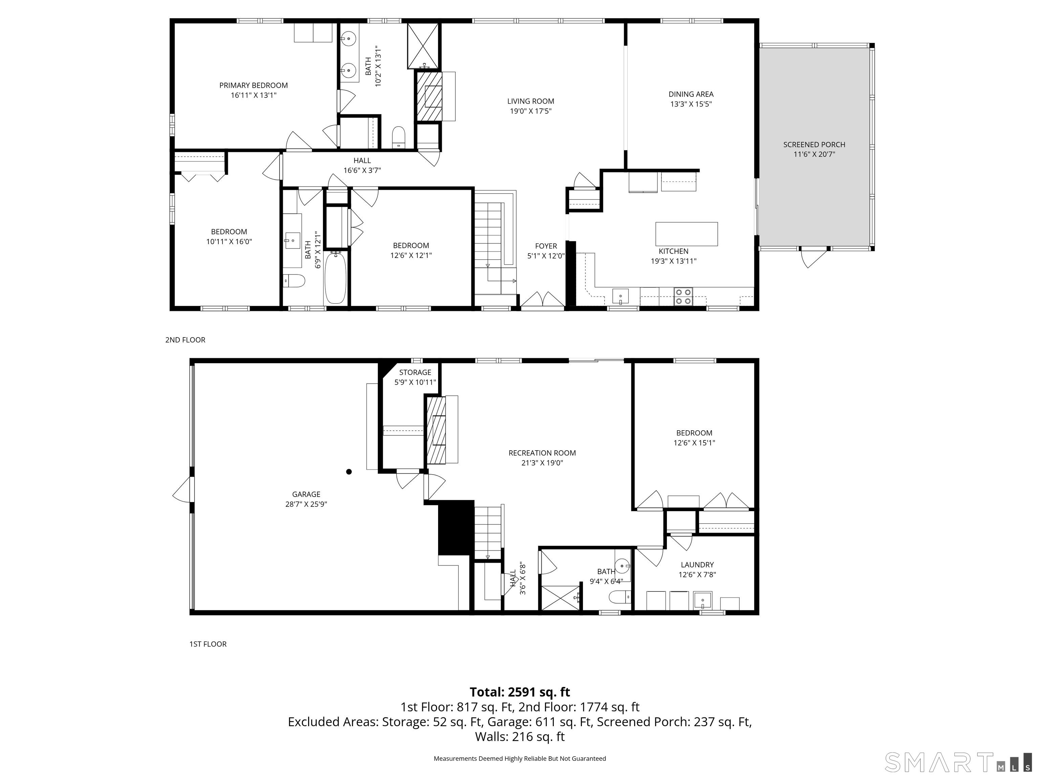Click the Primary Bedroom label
pyautogui.click(x=254, y=85)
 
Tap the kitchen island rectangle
pyautogui.click(x=687, y=234)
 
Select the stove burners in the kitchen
pyautogui.click(x=683, y=296)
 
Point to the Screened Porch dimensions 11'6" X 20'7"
pyautogui.click(x=814, y=154)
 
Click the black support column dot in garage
pyautogui.click(x=349, y=472)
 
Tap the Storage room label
pyautogui.click(x=415, y=372)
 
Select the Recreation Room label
pyautogui.click(x=542, y=453)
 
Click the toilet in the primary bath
pyautogui.click(x=399, y=136)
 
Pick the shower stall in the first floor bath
pyautogui.click(x=560, y=598)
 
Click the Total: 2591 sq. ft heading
pyautogui.click(x=520, y=692)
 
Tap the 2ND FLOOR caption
pyautogui.click(x=185, y=340)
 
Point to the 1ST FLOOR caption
pyautogui.click(x=208, y=644)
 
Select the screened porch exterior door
pyautogui.click(x=814, y=257)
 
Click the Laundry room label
pyautogui.click(x=697, y=565)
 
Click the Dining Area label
pyautogui.click(x=691, y=94)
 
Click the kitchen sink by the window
pyautogui.click(x=620, y=296)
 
